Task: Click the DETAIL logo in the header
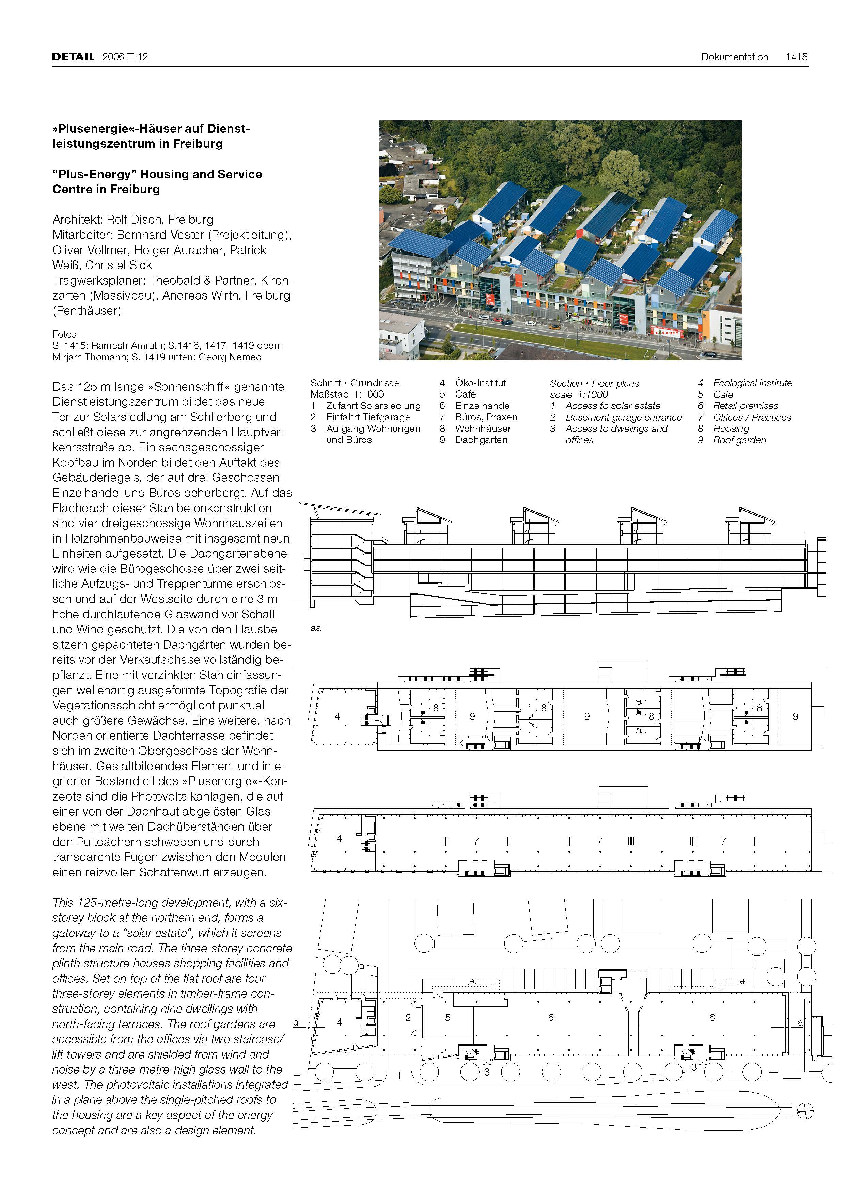73,57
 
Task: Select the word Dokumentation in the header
734,57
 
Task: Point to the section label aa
316,628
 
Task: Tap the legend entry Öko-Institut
480,383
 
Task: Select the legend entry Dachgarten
481,440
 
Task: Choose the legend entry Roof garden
739,440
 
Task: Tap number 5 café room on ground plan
448,1018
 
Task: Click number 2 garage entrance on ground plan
408,1018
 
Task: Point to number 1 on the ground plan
399,1076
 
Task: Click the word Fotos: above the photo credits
65,334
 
